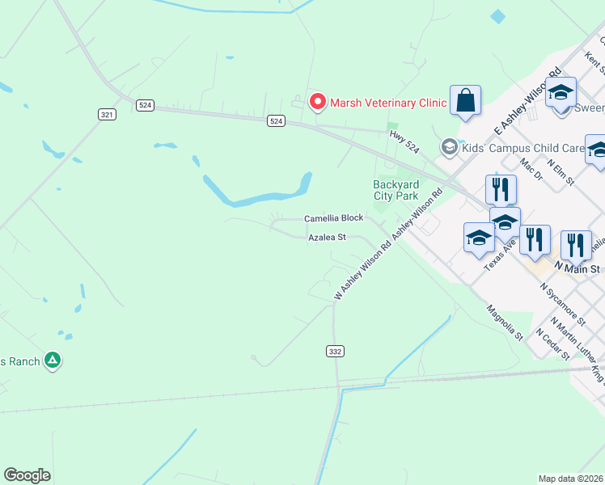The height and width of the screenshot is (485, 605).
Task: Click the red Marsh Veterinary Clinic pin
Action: tap(318, 102)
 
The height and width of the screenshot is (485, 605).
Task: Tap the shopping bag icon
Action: tap(466, 100)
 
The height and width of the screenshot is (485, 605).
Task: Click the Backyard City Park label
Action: tap(396, 190)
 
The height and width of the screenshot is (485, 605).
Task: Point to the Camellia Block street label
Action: tap(333, 219)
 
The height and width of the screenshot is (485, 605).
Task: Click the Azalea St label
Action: tap(327, 238)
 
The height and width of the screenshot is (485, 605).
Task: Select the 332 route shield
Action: tap(335, 351)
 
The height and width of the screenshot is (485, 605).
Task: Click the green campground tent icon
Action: tap(53, 360)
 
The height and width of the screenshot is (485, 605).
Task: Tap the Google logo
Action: tap(27, 474)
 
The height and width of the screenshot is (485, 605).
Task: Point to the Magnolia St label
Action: tap(505, 323)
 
